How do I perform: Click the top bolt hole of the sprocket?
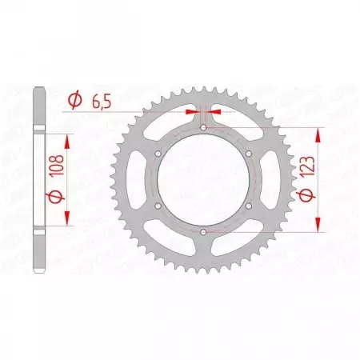(x=203, y=126)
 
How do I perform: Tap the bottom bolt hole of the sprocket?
(x=203, y=232)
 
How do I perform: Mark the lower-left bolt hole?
(x=158, y=206)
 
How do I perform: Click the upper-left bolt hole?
(x=158, y=153)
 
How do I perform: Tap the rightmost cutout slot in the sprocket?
(x=270, y=179)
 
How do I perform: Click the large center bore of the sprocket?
(x=203, y=179)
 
